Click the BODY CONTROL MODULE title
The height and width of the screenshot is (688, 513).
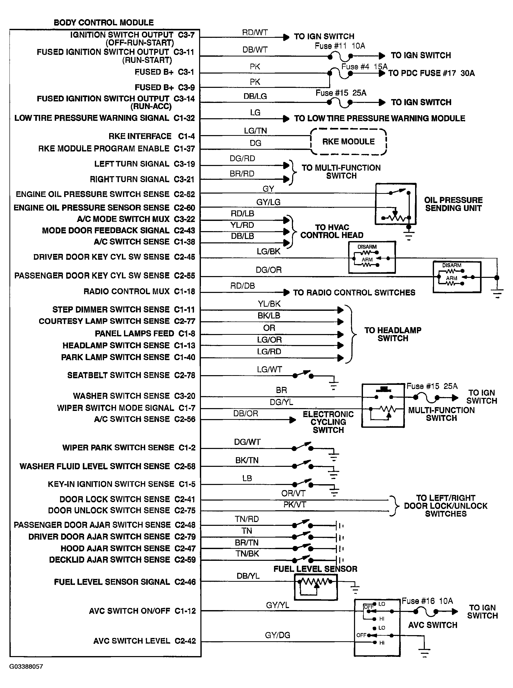coord(104,23)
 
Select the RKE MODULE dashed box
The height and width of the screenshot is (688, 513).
coord(348,142)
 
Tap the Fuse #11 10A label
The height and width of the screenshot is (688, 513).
coord(340,46)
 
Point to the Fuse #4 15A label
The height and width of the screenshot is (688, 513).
coord(364,67)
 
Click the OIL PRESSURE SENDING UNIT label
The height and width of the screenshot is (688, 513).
coord(453,204)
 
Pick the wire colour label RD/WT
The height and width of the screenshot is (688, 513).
coord(255,33)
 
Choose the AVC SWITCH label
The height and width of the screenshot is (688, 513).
coord(432,625)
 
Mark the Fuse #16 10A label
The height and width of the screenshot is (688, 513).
coord(427,601)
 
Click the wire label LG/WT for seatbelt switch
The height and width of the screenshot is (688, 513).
coord(269,370)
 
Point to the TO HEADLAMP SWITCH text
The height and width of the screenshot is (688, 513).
coord(393,334)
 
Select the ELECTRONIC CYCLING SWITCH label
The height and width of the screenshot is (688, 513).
coord(328,422)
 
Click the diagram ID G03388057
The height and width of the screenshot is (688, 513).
coord(26,666)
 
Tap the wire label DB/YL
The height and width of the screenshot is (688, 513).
coord(248,576)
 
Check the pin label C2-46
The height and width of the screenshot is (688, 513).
coord(185,582)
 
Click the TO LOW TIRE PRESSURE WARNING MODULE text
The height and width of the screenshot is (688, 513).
coord(380,118)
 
